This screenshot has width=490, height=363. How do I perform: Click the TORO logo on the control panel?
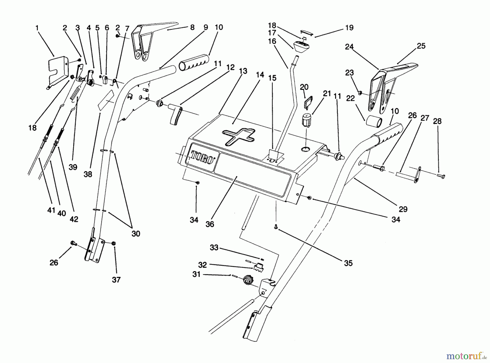(x=201, y=157)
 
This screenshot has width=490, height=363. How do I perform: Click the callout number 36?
(x=210, y=224)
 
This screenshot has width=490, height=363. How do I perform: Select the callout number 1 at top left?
(x=37, y=28)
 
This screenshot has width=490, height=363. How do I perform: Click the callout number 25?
(x=421, y=46)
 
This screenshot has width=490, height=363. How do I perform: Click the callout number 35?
(x=348, y=263)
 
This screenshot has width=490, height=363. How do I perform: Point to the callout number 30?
(x=136, y=234)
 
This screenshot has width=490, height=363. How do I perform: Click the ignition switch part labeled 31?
(x=248, y=280)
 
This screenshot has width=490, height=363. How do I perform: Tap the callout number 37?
(x=116, y=280)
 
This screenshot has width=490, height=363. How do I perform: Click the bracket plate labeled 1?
(x=58, y=71)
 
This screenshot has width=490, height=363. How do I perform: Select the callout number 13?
(x=243, y=71)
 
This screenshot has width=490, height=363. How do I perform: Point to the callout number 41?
(x=51, y=210)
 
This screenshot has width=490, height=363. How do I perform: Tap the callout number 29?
(x=403, y=209)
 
